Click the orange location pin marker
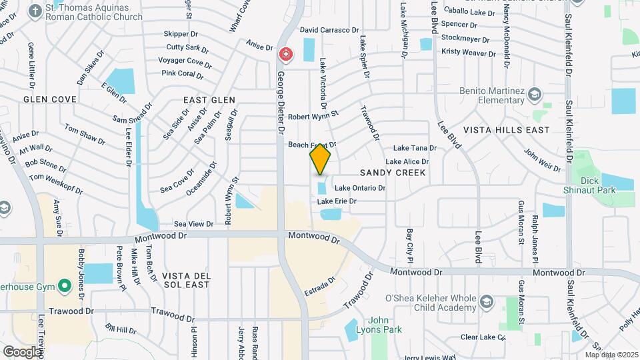click(x=320, y=159)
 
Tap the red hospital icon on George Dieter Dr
click(x=286, y=53)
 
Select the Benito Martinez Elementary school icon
click(x=534, y=95)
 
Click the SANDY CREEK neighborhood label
click(x=393, y=173)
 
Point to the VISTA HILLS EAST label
click(x=507, y=130)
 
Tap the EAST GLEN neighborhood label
click(x=209, y=99)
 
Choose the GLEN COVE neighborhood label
click(x=50, y=99)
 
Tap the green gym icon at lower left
click(x=64, y=286)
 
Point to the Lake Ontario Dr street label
click(x=360, y=189)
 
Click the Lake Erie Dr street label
click(x=337, y=201)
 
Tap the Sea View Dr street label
click(x=193, y=225)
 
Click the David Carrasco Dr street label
click(x=329, y=30)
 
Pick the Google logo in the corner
click(x=22, y=351)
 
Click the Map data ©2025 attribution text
click(x=611, y=355)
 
